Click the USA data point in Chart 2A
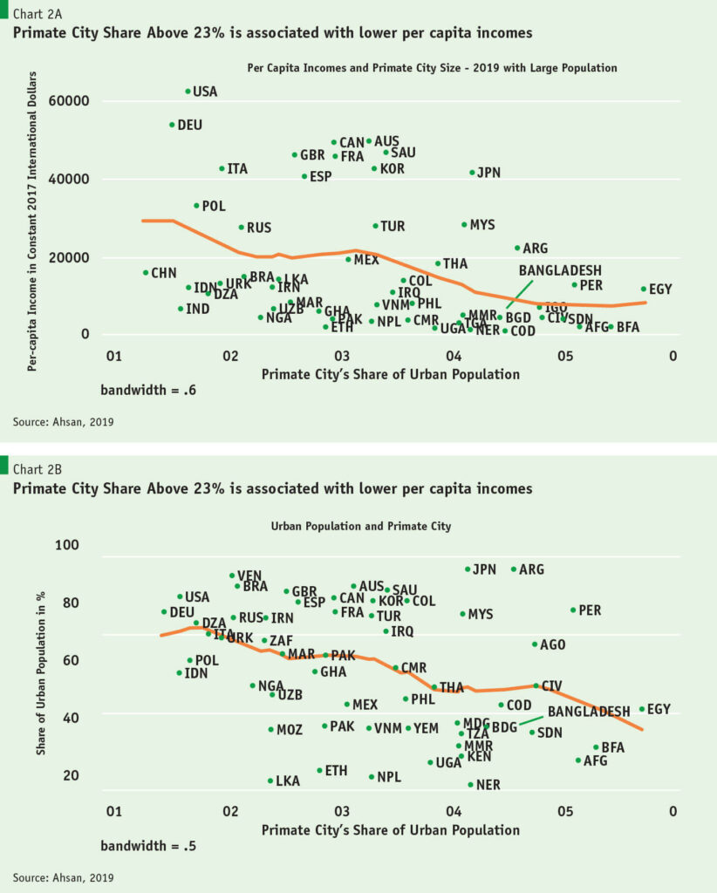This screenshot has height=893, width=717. pos(188,91)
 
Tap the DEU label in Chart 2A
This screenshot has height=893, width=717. pos(189,125)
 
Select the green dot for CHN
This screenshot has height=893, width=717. pos(146,273)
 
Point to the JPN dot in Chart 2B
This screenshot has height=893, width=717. pos(468,569)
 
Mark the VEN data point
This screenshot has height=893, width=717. pos(232,576)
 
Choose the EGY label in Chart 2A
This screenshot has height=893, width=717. pos(660,289)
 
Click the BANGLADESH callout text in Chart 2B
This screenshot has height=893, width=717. pos(589,712)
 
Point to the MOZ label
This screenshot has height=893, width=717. pos(290,729)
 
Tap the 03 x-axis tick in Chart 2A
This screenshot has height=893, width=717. pos(342,357)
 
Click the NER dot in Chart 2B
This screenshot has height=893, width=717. pos(471,785)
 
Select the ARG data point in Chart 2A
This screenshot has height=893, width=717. pos(517,249)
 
